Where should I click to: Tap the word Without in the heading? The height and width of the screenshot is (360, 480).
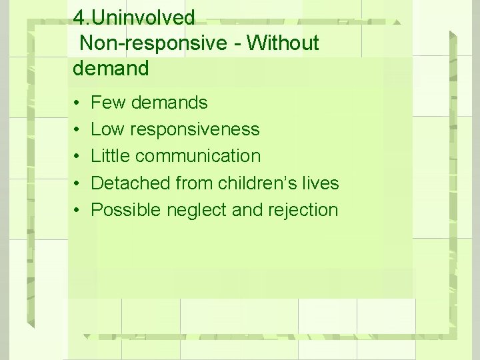pyautogui.click(x=282, y=43)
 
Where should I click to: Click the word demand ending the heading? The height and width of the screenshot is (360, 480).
pyautogui.click(x=110, y=68)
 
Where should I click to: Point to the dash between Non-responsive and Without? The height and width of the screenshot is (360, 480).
pyautogui.click(x=238, y=44)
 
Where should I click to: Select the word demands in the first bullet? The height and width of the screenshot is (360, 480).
pyautogui.click(x=169, y=103)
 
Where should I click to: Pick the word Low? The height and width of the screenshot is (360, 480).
pyautogui.click(x=109, y=129)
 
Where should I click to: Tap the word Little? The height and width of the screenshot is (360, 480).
pyautogui.click(x=111, y=156)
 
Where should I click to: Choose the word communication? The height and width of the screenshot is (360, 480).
pyautogui.click(x=198, y=156)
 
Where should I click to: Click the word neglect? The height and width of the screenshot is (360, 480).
pyautogui.click(x=196, y=209)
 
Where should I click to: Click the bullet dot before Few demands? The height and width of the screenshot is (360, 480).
pyautogui.click(x=77, y=103)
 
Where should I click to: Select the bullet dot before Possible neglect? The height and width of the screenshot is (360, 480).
pyautogui.click(x=77, y=210)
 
